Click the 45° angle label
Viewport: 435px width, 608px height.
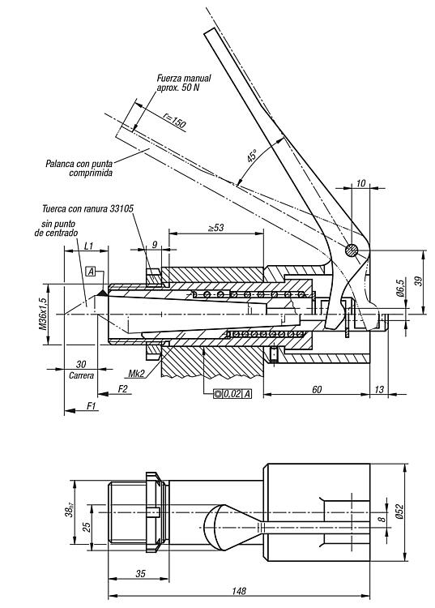[x=252, y=156]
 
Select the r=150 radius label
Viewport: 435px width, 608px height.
[x=174, y=120]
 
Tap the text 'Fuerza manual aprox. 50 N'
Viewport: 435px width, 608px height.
[x=184, y=82]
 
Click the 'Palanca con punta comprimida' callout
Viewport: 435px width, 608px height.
[x=79, y=168]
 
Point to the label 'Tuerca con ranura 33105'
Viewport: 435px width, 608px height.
[x=88, y=208]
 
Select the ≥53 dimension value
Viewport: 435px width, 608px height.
[x=215, y=228]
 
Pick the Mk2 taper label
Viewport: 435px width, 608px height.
[x=136, y=374]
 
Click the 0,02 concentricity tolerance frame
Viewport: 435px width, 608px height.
[x=232, y=394]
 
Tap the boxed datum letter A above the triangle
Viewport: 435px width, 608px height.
[x=91, y=272]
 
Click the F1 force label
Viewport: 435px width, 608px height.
[x=91, y=406]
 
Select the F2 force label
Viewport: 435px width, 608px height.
[x=122, y=388]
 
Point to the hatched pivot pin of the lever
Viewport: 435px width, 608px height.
[x=352, y=250]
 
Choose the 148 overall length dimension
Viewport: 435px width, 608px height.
[x=239, y=591]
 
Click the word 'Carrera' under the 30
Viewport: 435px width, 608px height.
[x=81, y=375]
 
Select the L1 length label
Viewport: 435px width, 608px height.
[x=88, y=245]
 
